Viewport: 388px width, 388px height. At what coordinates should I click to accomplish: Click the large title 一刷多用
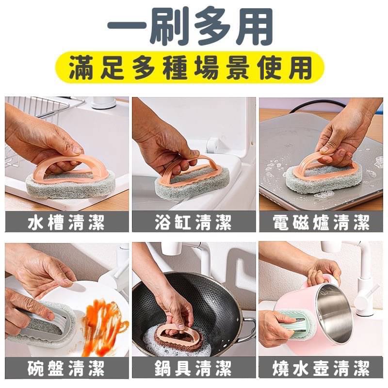[x=190, y=27]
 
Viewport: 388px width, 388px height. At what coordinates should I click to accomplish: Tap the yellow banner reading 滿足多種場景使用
[x=190, y=67]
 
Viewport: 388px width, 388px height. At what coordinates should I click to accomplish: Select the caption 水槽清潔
[x=66, y=222]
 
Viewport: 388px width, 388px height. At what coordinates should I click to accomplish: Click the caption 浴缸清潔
[x=194, y=222]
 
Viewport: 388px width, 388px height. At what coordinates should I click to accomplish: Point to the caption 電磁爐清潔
[x=321, y=222]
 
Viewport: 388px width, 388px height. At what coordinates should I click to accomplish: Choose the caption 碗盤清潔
[x=66, y=368]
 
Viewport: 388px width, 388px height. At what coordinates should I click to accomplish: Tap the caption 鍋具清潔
[x=194, y=368]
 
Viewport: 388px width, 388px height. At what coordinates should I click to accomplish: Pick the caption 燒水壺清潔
[x=321, y=368]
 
